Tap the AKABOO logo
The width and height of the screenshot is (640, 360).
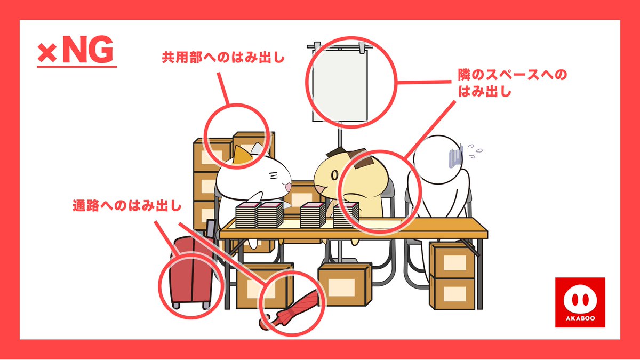tap(580, 302)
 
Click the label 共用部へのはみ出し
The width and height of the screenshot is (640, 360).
tap(223, 58)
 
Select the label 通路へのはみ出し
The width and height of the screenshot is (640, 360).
tap(127, 205)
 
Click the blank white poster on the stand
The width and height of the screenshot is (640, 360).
tap(340, 86)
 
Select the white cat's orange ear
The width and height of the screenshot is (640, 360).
tap(242, 155)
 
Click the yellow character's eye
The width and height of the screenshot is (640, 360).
tap(334, 175)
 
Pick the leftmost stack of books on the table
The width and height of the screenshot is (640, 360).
tap(246, 215)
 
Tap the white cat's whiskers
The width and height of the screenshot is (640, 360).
tap(274, 175)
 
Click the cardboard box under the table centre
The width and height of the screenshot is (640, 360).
tap(345, 284)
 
